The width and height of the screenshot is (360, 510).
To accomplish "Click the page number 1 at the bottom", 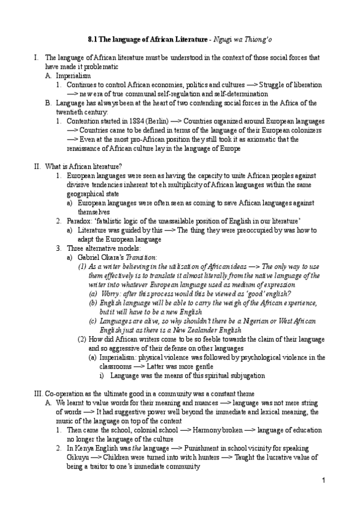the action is pyautogui.click(x=323, y=479).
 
